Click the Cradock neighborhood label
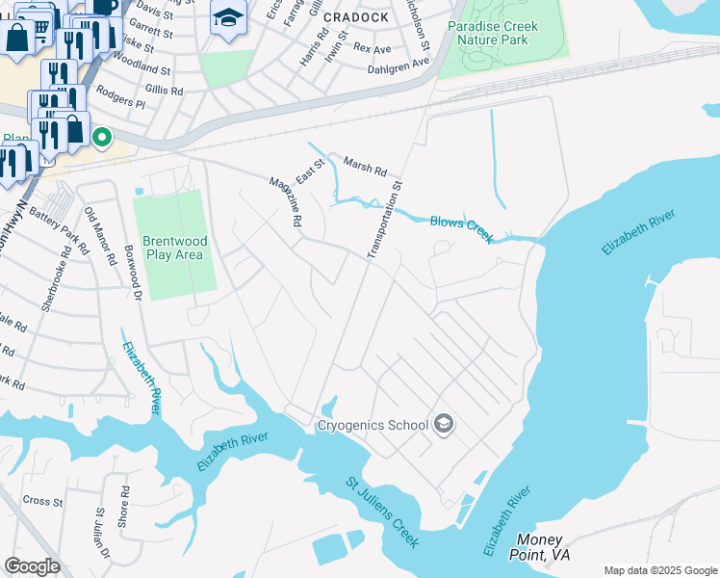coord(355,17)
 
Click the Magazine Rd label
coord(286,201)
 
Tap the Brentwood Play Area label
coord(172,248)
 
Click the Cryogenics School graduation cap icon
coord(444,424)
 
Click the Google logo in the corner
coord(32,565)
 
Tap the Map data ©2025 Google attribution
coord(660,570)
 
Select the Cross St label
coord(42,501)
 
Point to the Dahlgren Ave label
coord(398,64)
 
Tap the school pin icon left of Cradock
coord(228,18)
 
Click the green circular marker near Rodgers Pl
coord(102,139)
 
